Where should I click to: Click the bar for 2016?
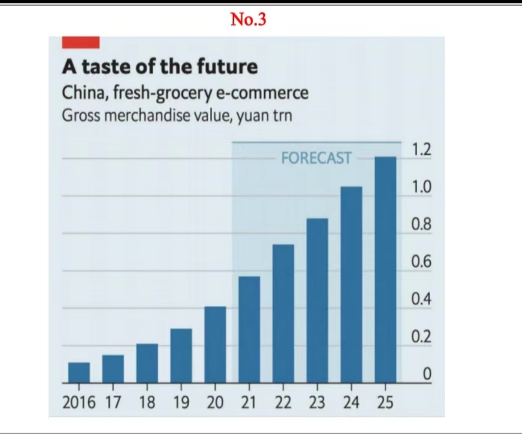pyautogui.click(x=79, y=372)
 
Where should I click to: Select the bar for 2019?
pyautogui.click(x=181, y=355)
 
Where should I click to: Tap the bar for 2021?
pyautogui.click(x=249, y=329)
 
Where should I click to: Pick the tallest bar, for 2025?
pyautogui.click(x=385, y=269)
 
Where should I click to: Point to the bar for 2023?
pyautogui.click(x=317, y=300)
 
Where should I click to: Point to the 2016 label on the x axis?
pyautogui.click(x=80, y=403)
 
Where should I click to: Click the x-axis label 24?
pyautogui.click(x=351, y=403)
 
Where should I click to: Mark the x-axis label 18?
pyautogui.click(x=147, y=403)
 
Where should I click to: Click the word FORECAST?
pyautogui.click(x=316, y=158)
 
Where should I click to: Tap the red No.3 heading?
pyautogui.click(x=248, y=20)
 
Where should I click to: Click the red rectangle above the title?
pyautogui.click(x=81, y=43)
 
